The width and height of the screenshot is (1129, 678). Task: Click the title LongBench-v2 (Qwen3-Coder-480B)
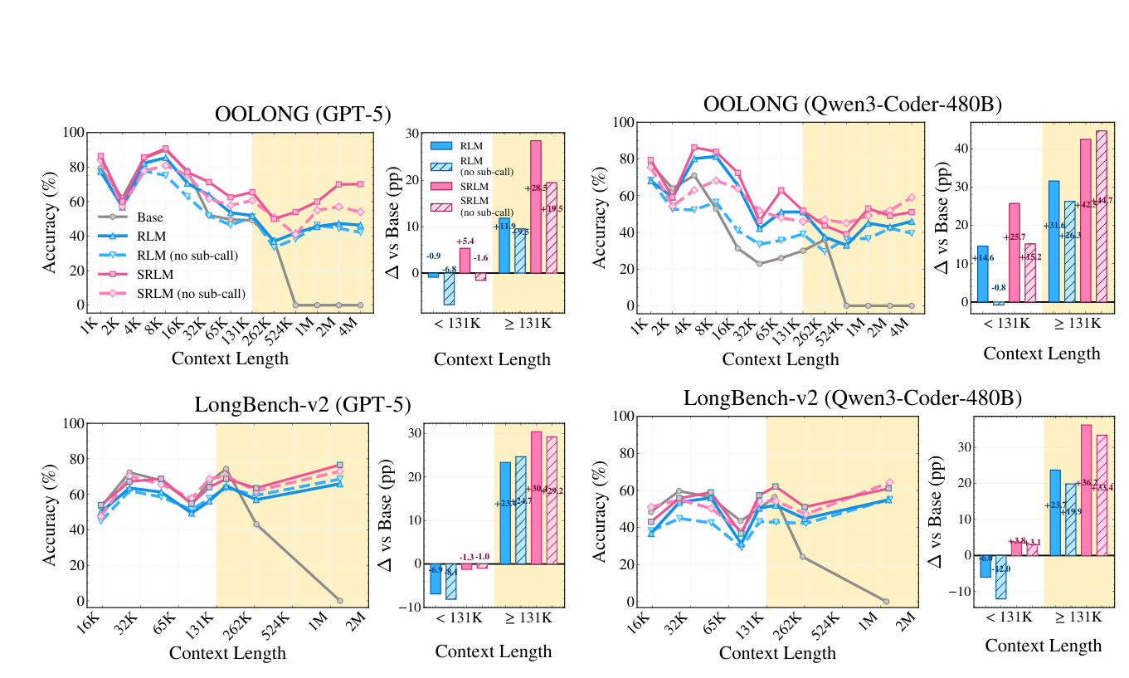pos(853,398)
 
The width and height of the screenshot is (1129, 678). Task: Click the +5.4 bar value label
pos(465,241)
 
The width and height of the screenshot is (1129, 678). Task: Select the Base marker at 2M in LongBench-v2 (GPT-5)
pos(339,600)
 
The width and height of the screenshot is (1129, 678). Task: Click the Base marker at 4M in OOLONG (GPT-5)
pos(360,305)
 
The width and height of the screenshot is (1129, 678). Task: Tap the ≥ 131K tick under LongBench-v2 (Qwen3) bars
pos(1075,617)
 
